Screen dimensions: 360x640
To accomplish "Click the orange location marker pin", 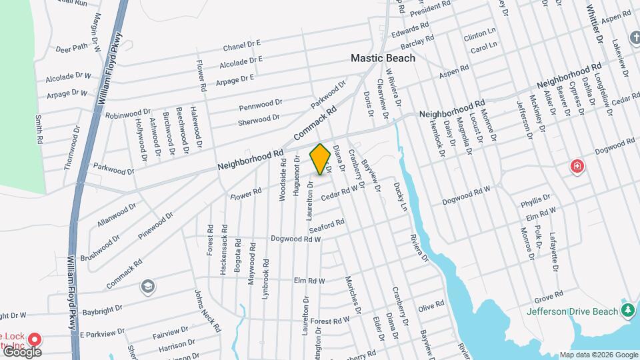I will click(x=321, y=159).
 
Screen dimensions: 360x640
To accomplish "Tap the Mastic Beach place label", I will click(x=383, y=58).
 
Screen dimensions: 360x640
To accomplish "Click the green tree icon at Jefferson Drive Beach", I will click(x=627, y=311).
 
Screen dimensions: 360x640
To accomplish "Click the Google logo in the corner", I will click(x=21, y=352).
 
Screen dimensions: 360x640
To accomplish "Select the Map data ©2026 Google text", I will click(x=599, y=355).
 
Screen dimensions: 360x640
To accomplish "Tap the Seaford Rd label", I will click(x=326, y=225).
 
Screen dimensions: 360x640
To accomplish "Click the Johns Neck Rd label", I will click(x=207, y=311).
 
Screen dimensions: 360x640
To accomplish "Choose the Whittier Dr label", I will click(x=594, y=25).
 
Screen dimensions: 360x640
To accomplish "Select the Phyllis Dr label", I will click(x=536, y=200).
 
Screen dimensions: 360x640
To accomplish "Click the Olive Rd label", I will click(x=431, y=307).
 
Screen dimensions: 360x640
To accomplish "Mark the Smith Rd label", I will click(x=39, y=130).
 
